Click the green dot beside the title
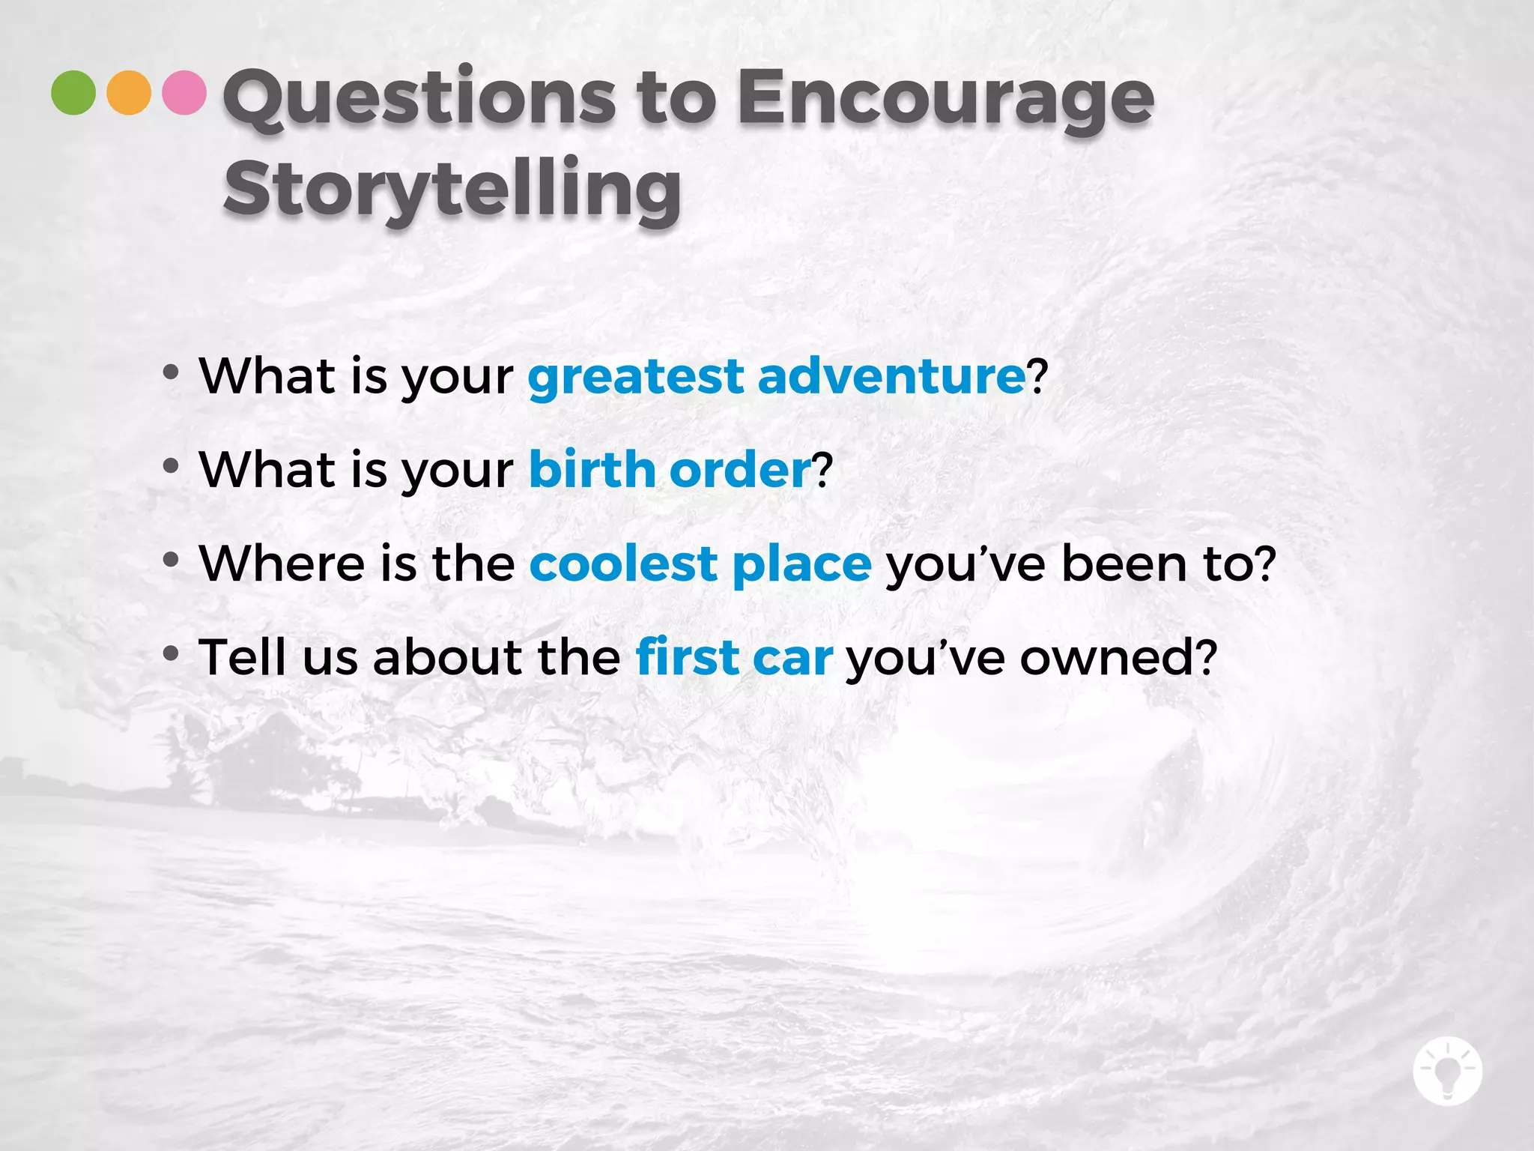pyautogui.click(x=73, y=93)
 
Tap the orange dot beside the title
pyautogui.click(x=129, y=93)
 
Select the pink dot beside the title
pyautogui.click(x=184, y=93)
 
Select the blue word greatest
pyautogui.click(x=636, y=377)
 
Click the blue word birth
pyautogui.click(x=592, y=469)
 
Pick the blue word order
pyautogui.click(x=740, y=471)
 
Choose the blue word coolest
pyautogui.click(x=623, y=564)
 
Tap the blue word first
pyautogui.click(x=687, y=656)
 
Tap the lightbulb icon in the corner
pyautogui.click(x=1447, y=1072)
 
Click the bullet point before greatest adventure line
pyautogui.click(x=171, y=372)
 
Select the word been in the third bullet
pyautogui.click(x=1124, y=564)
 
